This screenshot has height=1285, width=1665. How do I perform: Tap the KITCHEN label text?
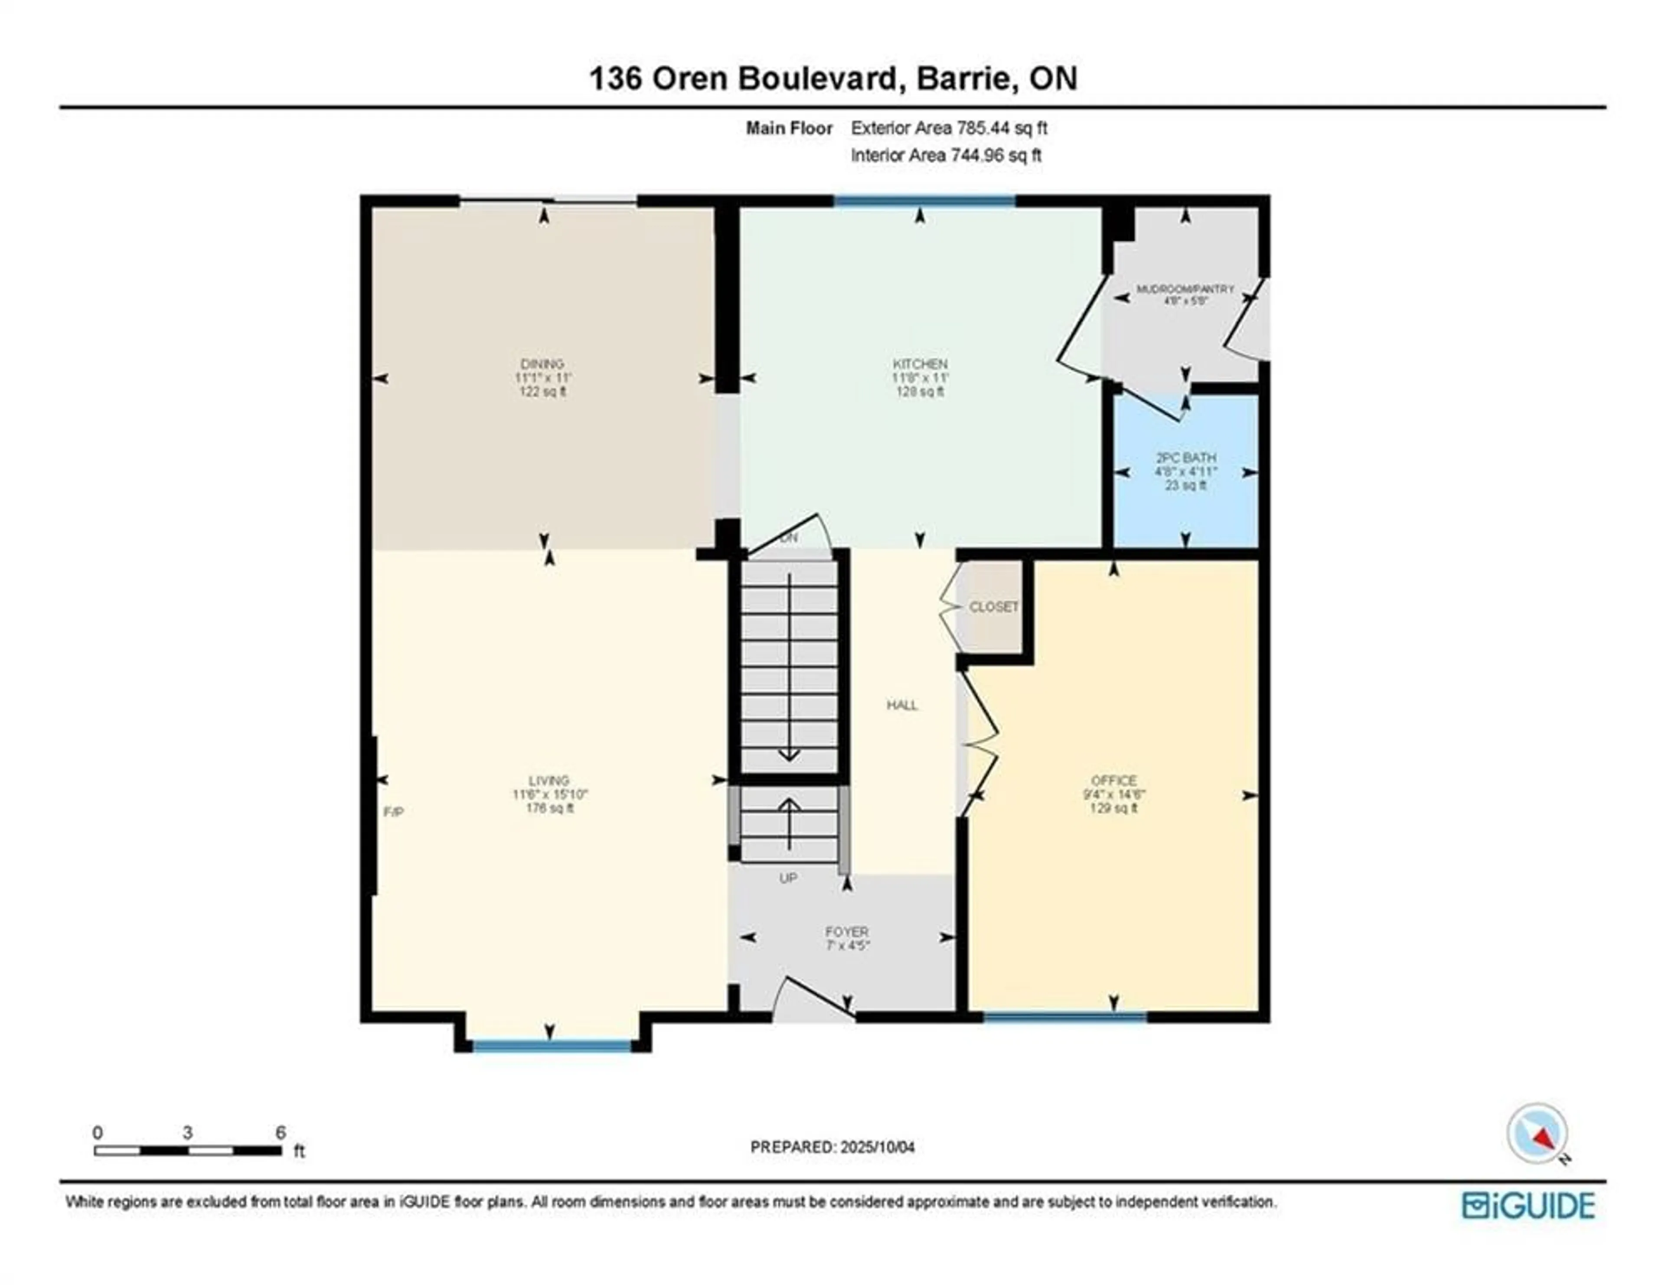pyautogui.click(x=920, y=364)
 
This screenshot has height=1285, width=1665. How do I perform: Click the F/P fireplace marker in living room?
pyautogui.click(x=393, y=812)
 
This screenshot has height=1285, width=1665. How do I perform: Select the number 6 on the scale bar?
pyautogui.click(x=281, y=1132)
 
